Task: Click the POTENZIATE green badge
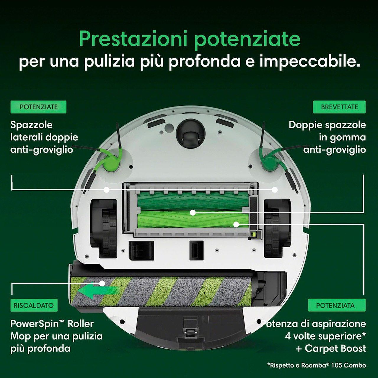tap(38, 107)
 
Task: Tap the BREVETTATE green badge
tap(339, 107)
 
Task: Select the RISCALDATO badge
tap(34, 305)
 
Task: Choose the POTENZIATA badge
tap(337, 305)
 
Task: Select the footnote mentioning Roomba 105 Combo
tap(317, 365)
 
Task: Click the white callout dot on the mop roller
tap(102, 283)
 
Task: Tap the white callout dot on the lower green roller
tap(236, 224)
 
